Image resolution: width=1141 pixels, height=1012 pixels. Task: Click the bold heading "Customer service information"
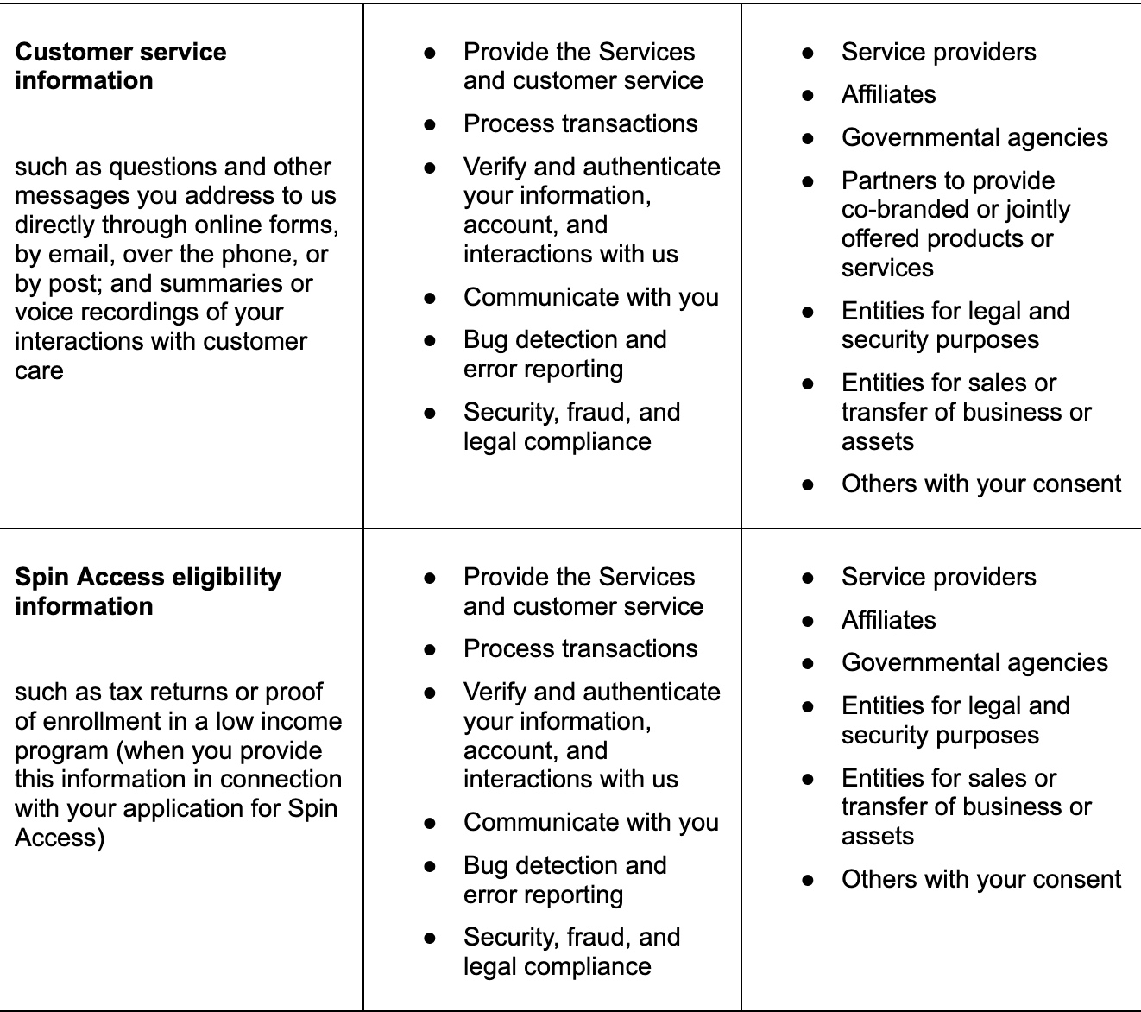[x=120, y=66]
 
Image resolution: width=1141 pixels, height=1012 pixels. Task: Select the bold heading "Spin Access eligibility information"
[x=148, y=591]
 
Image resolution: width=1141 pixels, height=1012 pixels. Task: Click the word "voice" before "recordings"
[x=43, y=313]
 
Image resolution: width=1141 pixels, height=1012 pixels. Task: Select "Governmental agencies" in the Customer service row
[x=974, y=137]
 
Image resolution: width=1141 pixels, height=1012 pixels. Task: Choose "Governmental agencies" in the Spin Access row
[x=974, y=662]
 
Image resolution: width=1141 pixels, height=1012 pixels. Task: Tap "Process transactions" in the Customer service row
[x=580, y=123]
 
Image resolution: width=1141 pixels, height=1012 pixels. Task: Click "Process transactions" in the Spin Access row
[x=580, y=648]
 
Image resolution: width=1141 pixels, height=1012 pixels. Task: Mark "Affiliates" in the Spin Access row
[x=888, y=620]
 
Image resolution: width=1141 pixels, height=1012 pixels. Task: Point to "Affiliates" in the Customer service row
[x=888, y=94]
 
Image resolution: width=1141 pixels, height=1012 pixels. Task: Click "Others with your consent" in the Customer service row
[x=980, y=484]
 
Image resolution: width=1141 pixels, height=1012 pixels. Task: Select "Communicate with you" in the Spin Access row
[x=590, y=822]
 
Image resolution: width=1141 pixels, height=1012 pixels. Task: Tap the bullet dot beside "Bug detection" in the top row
[x=430, y=341]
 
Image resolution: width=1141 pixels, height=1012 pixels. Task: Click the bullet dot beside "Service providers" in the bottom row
[x=808, y=578]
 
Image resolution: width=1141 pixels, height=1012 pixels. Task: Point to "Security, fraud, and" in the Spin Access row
[x=571, y=937]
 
